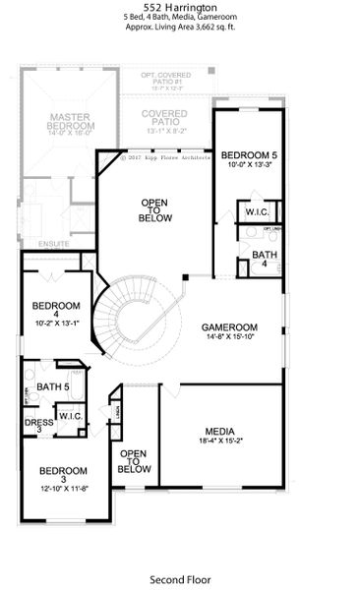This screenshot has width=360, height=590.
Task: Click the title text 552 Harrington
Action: pyautogui.click(x=179, y=6)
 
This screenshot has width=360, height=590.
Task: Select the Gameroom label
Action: pyautogui.click(x=229, y=327)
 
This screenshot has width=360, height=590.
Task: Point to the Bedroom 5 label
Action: pyautogui.click(x=244, y=155)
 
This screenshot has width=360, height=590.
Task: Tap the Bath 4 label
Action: pyautogui.click(x=264, y=256)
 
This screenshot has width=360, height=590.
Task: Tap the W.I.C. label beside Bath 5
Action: pyautogui.click(x=70, y=416)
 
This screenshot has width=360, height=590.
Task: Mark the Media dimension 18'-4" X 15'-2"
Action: pyautogui.click(x=217, y=442)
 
